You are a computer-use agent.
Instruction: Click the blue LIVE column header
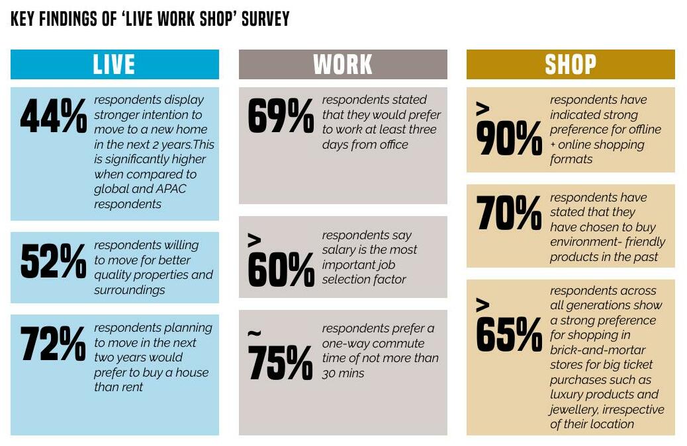tap(114, 65)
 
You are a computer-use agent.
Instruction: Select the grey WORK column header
tap(343, 65)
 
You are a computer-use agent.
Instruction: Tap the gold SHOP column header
tap(571, 65)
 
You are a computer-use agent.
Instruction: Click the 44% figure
tap(54, 116)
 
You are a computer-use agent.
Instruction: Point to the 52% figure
tap(54, 261)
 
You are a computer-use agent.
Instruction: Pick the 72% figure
tap(54, 344)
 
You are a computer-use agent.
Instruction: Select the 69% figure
tap(281, 116)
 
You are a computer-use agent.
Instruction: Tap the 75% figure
tap(281, 361)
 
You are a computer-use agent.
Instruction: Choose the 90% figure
tap(509, 139)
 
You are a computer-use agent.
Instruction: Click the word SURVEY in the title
tap(265, 19)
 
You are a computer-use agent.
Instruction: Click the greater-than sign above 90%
tap(483, 110)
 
